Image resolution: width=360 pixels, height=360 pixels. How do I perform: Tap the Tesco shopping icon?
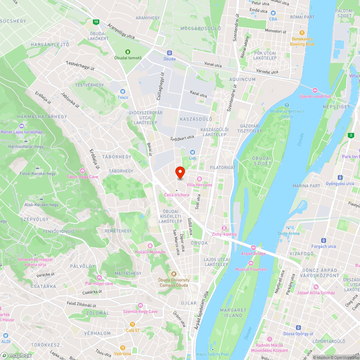tap(123, 91)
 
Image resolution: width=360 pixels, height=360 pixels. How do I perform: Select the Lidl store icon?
tap(192, 152)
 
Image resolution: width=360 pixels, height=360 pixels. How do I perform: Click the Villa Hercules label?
tap(199, 185)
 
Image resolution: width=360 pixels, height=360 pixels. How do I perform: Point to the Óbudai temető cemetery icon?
tap(127, 52)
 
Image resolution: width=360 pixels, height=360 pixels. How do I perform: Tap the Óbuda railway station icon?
tap(170, 53)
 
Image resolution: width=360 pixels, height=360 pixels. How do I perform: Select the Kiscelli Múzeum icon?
tap(150, 246)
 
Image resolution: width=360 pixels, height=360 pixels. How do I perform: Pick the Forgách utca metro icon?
tap(323, 240)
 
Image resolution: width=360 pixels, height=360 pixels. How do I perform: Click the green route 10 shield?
tap(95, 22)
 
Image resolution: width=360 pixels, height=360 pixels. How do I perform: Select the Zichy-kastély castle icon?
tap(224, 228)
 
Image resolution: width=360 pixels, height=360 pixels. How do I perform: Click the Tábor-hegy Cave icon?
tap(82, 171)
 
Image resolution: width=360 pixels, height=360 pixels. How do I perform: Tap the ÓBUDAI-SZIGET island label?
tap(262, 161)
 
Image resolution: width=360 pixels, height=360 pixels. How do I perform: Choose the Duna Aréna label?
tap(288, 233)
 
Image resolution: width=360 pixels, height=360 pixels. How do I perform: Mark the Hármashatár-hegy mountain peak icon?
tap(26, 141)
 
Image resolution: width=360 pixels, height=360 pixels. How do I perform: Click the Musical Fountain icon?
tap(251, 264)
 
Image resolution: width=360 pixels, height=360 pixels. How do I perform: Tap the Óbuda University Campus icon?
tap(174, 274)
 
